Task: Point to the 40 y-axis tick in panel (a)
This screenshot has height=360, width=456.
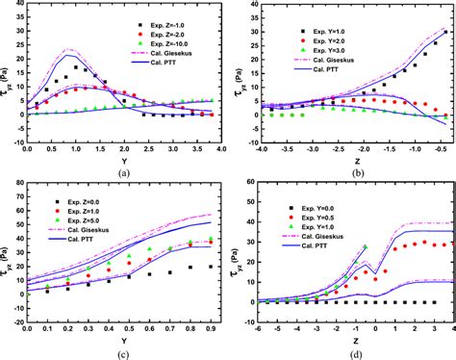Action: click(16, 5)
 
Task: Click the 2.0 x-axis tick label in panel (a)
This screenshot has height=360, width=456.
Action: click(123, 151)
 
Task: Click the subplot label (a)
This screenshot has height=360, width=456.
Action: click(122, 173)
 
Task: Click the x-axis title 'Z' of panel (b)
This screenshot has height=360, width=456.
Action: click(349, 163)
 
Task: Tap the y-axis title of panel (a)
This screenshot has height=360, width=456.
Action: click(6, 75)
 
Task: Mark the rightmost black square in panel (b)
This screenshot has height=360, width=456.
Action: click(445, 32)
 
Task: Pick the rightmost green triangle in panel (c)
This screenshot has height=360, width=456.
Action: click(211, 238)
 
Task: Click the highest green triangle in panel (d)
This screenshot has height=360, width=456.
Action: click(364, 247)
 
